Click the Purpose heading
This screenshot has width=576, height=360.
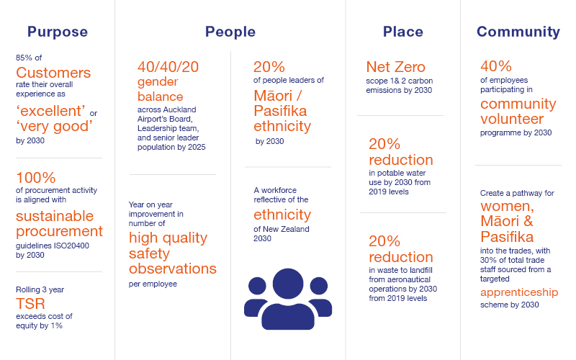click(58, 32)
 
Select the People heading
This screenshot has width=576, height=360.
click(230, 32)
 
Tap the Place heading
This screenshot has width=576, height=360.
click(403, 32)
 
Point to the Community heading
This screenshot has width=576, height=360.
click(518, 32)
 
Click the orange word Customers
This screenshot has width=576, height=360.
click(53, 73)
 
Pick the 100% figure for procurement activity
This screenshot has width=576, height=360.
click(35, 178)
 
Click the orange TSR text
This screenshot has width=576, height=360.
click(30, 304)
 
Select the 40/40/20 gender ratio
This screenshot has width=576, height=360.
click(168, 67)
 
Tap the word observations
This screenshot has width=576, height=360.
click(173, 269)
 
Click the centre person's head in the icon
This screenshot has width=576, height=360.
click(288, 284)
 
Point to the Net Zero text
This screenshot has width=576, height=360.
click(395, 67)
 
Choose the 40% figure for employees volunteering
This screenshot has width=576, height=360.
click(496, 66)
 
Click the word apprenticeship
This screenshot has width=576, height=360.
click(519, 292)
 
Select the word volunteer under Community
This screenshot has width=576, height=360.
click(512, 119)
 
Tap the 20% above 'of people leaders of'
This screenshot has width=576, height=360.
click(269, 67)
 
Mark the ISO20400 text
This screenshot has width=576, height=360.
click(71, 246)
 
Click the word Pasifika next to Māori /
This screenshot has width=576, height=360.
click(280, 111)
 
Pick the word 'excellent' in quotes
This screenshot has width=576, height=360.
click(50, 111)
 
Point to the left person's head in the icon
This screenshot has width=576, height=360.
click(257, 286)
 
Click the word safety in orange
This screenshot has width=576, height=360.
click(149, 253)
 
